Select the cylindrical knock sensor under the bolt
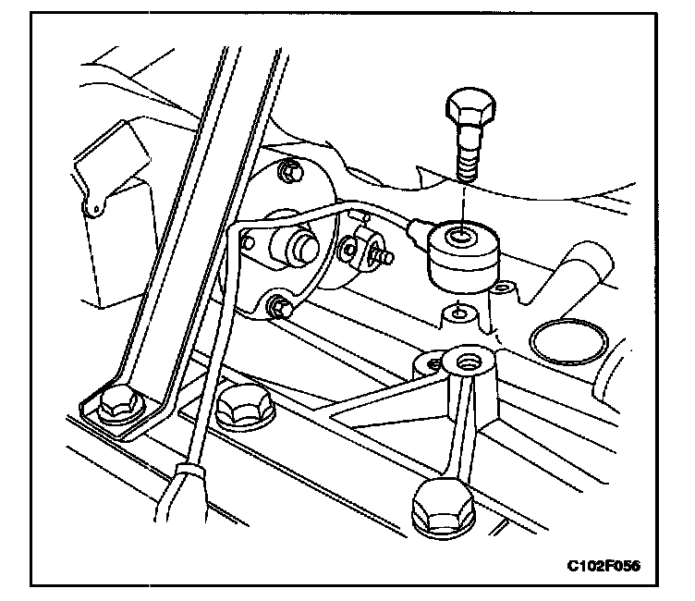click(456, 255)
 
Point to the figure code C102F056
click(604, 565)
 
